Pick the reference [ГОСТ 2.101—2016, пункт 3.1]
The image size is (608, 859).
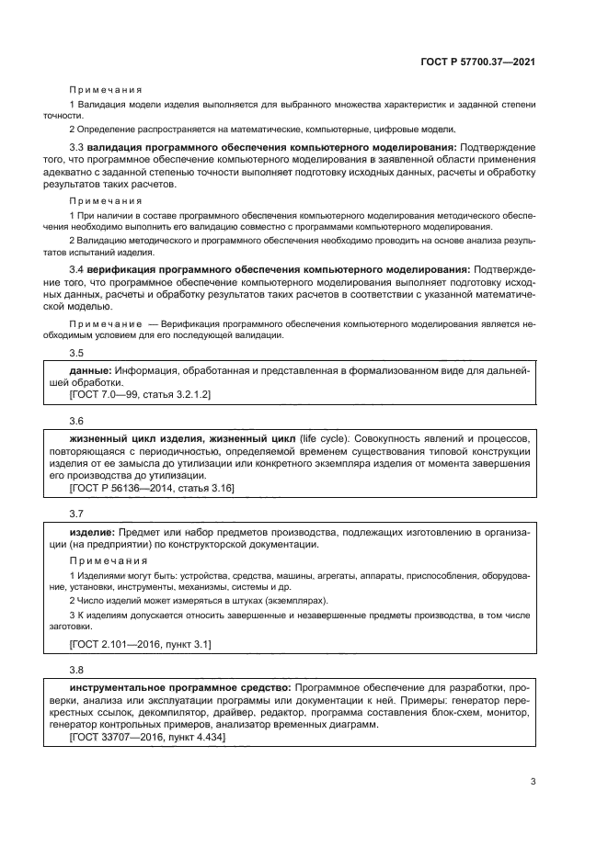pos(140,644)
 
